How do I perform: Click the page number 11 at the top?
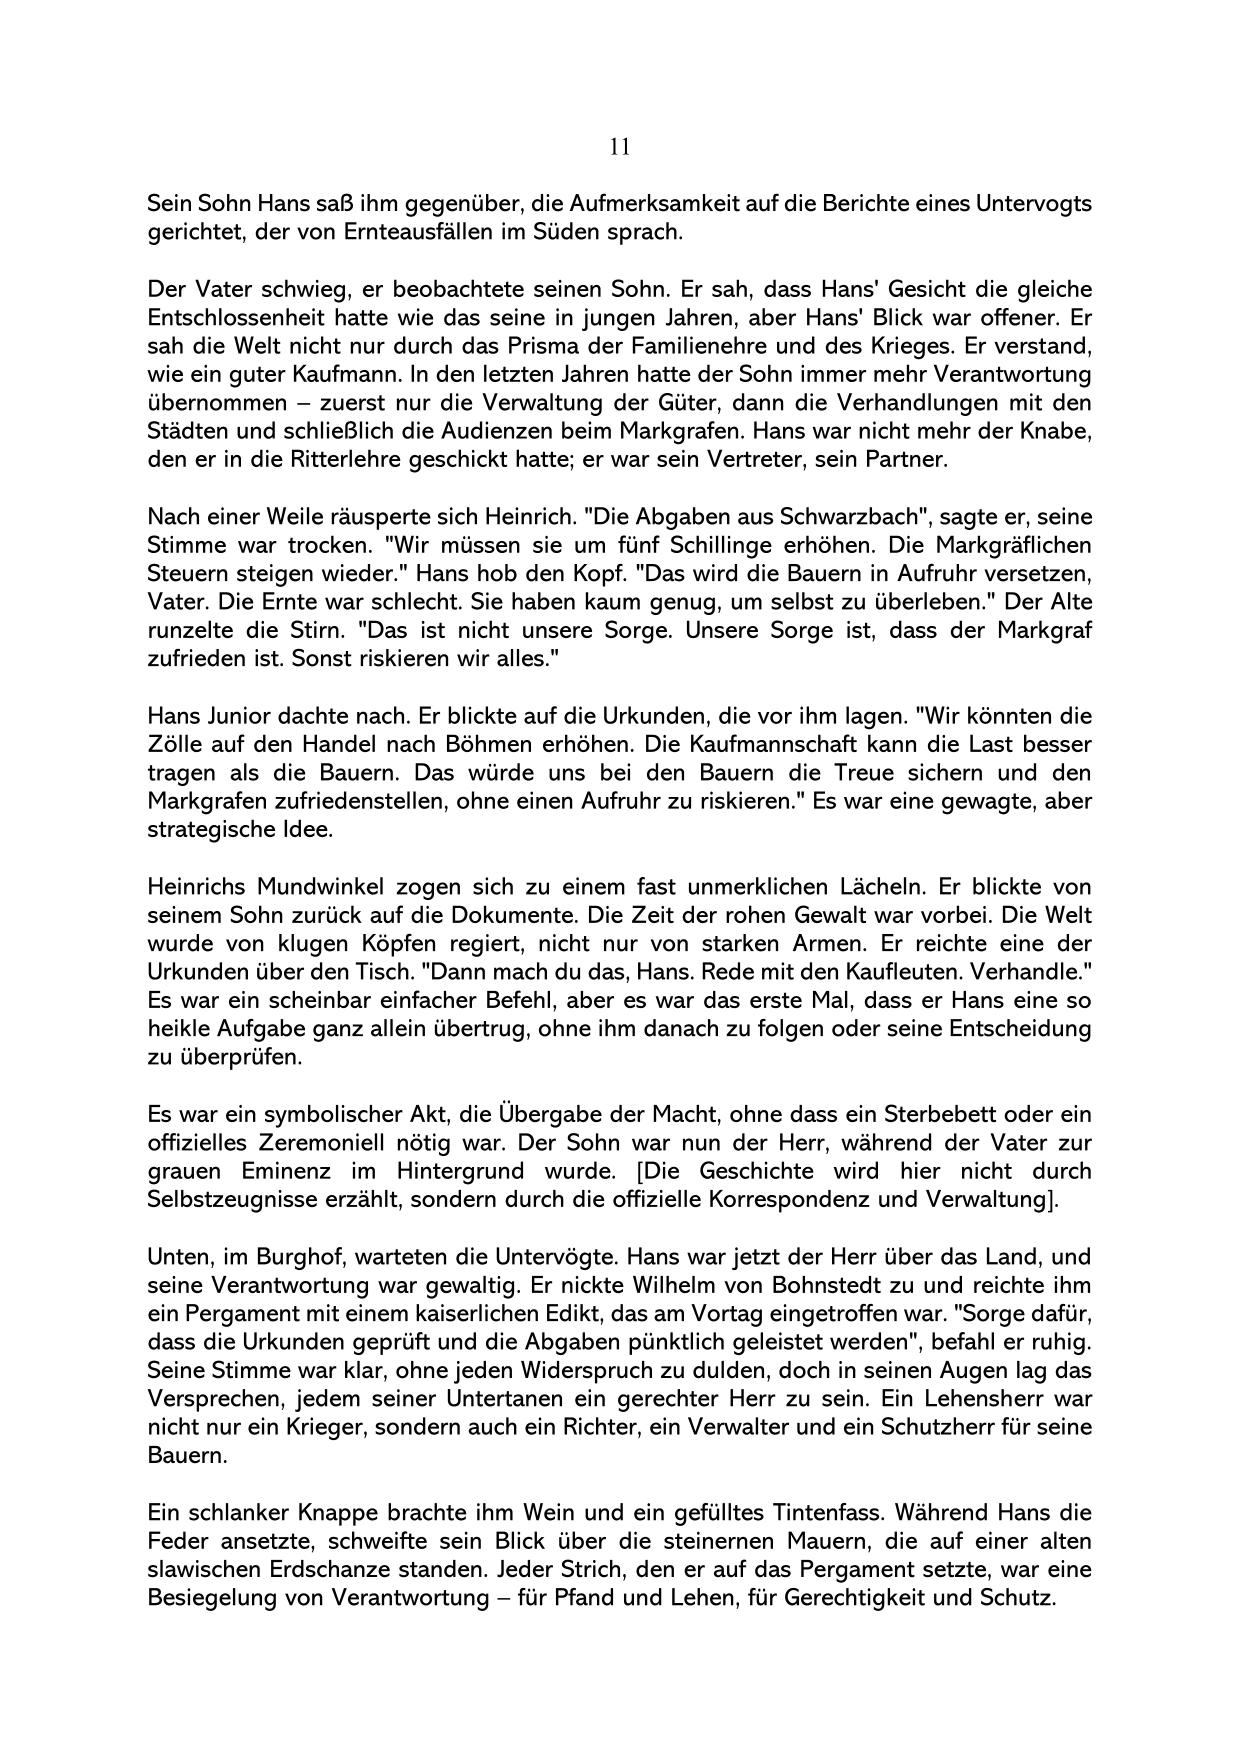[x=619, y=147]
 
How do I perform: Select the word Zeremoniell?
[x=313, y=1143]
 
